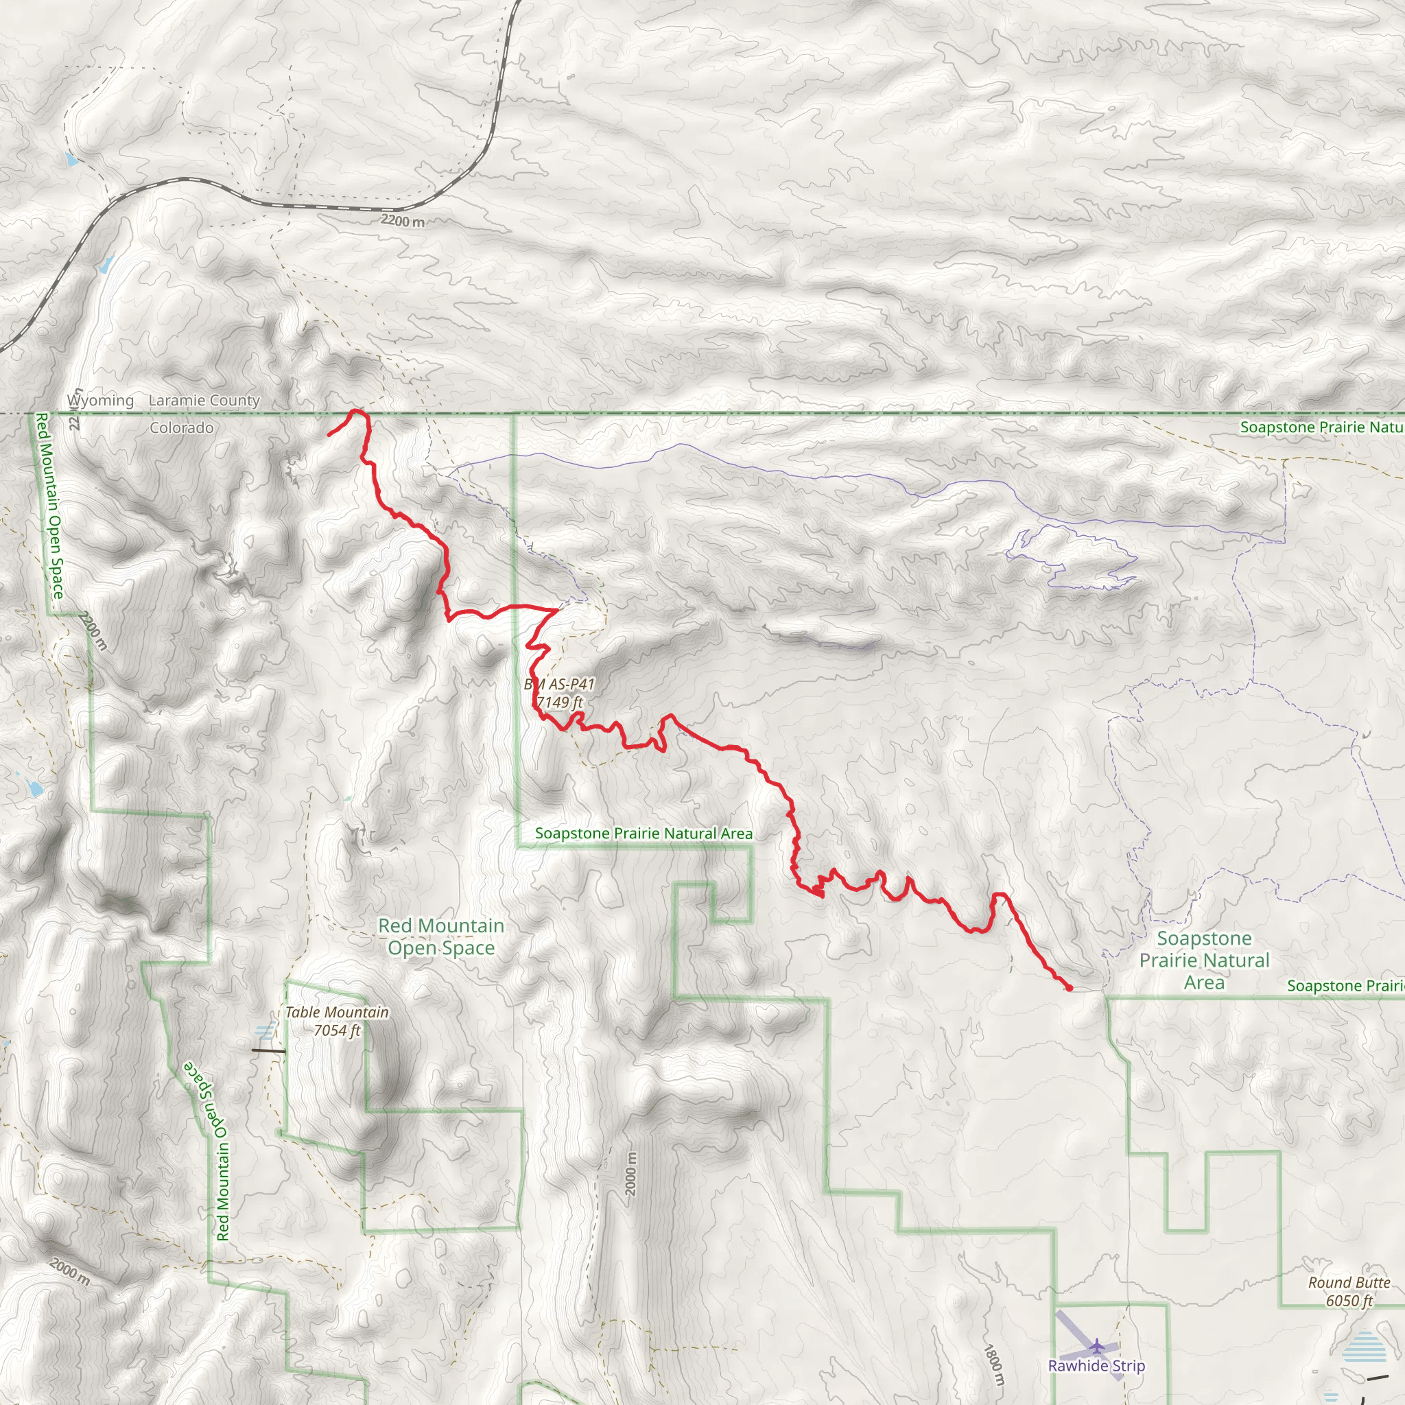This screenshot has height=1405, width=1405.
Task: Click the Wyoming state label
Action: click(x=100, y=401)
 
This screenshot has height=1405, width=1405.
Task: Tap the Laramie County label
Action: click(x=204, y=401)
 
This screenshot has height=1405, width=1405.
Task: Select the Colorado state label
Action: click(x=182, y=427)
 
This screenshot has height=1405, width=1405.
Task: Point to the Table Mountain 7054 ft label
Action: click(x=337, y=1021)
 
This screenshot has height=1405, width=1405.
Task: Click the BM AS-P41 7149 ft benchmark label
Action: click(x=559, y=693)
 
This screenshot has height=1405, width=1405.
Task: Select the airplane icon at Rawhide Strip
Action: click(x=1098, y=1347)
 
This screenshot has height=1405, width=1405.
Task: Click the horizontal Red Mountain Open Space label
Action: click(x=441, y=936)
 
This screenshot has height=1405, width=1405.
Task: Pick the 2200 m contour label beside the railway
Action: click(x=402, y=220)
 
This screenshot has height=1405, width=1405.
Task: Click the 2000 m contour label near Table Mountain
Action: click(x=630, y=1174)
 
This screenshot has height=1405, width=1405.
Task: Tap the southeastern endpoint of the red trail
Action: click(x=1069, y=988)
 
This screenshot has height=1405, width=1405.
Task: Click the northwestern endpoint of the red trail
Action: click(x=329, y=435)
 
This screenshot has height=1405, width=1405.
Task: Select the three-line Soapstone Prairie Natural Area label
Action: click(x=1204, y=960)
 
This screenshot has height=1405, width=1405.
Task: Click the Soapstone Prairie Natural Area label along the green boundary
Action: click(x=644, y=834)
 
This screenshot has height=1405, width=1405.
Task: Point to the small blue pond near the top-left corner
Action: click(x=70, y=158)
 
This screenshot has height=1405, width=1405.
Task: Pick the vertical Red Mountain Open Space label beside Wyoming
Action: click(x=49, y=506)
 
